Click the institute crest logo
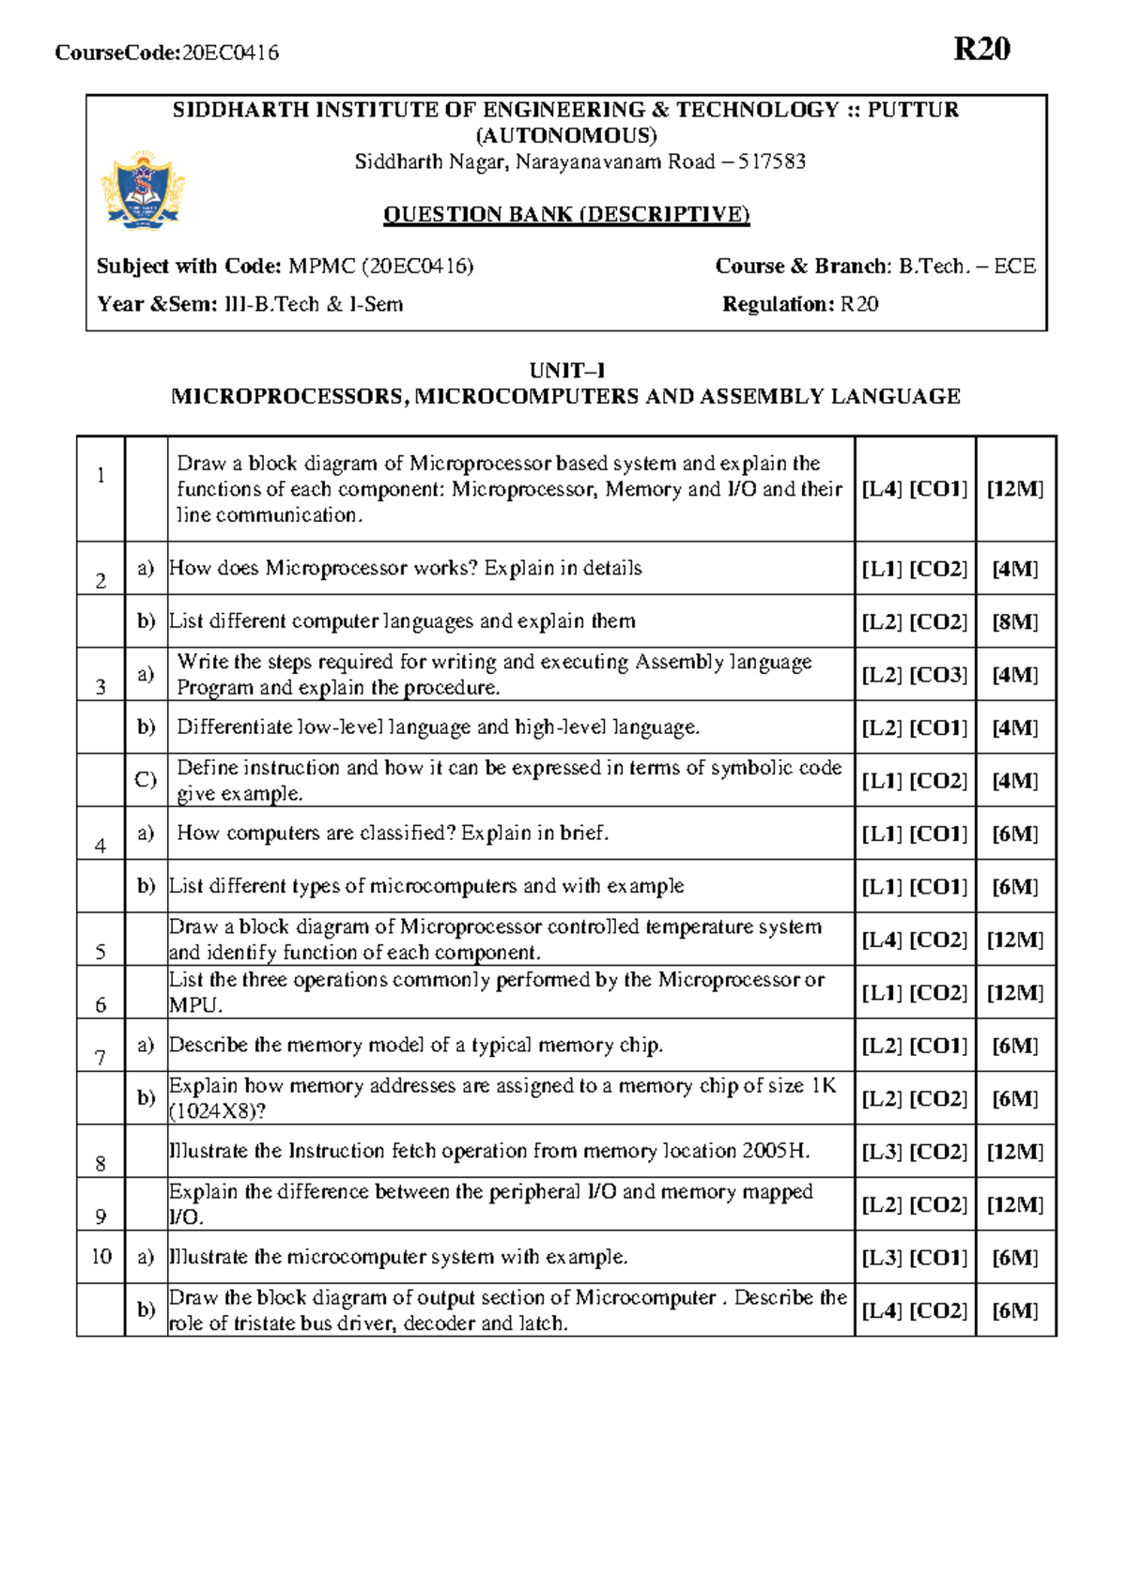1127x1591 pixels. pos(142,191)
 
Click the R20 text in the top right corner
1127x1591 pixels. pos(981,49)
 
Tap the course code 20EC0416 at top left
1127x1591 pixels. pos(230,53)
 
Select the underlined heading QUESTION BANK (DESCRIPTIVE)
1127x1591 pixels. pos(566,214)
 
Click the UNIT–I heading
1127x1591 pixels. pos(566,370)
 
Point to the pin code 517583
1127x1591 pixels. pos(771,161)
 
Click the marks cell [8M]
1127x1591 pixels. pos(1015,621)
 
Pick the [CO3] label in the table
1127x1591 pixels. pos(938,675)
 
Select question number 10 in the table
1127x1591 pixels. pos(101,1256)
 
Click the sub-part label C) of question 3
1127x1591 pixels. pos(146,779)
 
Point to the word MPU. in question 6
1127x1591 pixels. pos(195,1005)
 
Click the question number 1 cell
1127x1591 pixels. pos(100,476)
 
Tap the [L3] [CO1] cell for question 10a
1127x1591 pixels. pos(914,1258)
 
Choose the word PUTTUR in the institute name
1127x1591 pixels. pos(912,110)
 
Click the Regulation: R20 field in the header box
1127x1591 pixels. pos(800,304)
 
